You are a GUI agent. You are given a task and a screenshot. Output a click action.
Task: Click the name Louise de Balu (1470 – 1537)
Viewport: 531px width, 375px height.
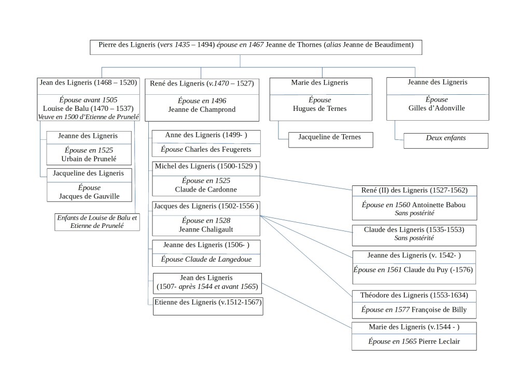click(88, 109)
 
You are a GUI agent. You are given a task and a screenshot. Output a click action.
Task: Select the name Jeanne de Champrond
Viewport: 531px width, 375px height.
click(201, 110)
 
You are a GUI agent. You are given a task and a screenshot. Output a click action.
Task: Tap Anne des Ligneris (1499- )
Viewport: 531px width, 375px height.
click(206, 136)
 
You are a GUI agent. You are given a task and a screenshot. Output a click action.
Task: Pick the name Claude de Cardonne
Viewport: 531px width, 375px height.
click(206, 189)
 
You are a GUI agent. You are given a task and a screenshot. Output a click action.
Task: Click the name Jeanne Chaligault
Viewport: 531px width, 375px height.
click(206, 229)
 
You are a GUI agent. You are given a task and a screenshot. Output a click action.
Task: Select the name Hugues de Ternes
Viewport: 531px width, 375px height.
click(320, 109)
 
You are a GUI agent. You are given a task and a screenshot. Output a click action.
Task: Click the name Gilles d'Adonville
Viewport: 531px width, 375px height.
click(437, 109)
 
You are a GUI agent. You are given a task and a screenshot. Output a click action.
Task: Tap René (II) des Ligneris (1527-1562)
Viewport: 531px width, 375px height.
click(414, 191)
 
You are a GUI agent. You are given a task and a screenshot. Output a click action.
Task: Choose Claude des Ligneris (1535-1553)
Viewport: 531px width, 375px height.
click(414, 229)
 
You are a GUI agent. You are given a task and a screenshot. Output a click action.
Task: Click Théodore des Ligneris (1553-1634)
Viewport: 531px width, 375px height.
click(414, 295)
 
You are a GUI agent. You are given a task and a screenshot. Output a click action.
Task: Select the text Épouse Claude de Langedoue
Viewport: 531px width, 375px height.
click(206, 259)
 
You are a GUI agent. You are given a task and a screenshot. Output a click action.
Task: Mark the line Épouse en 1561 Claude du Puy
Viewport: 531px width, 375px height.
click(413, 270)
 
